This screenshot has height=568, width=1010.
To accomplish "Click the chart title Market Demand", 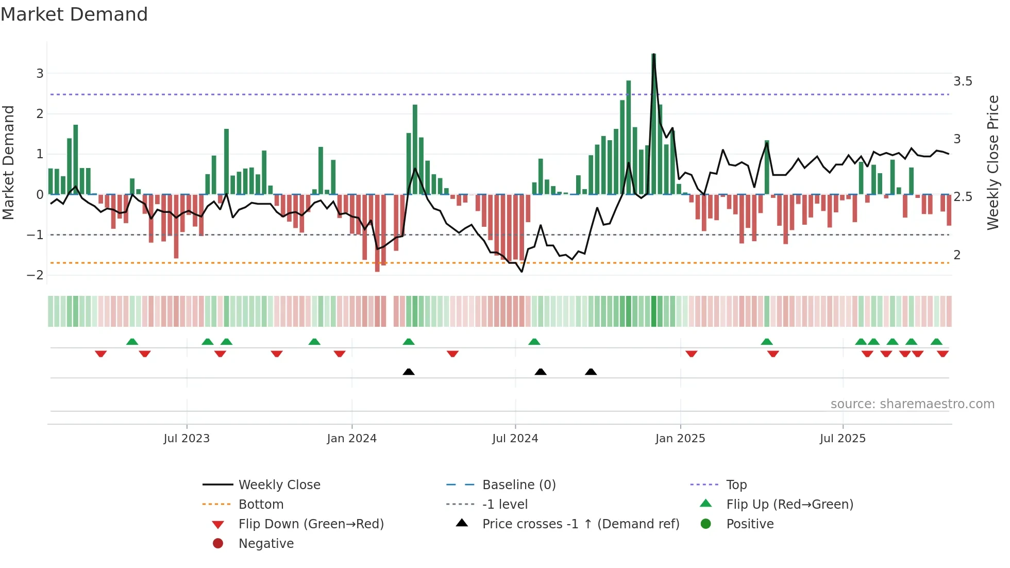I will click(x=74, y=14).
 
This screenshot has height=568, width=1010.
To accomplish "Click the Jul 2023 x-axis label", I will click(x=187, y=439).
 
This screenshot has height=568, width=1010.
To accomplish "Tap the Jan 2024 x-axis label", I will click(x=351, y=439).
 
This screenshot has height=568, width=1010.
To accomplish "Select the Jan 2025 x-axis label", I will click(x=680, y=439).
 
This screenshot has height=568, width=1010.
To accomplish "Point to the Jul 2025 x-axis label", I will click(x=843, y=439).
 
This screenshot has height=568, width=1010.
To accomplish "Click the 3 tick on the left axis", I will click(x=40, y=74).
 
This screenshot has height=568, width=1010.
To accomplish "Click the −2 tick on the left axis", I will click(x=35, y=275).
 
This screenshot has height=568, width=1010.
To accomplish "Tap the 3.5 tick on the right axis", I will click(x=962, y=81).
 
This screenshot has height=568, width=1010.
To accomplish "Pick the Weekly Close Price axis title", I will click(x=992, y=162).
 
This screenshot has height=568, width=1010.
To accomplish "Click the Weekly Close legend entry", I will click(x=279, y=485).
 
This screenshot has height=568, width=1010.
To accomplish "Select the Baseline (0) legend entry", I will click(x=518, y=485).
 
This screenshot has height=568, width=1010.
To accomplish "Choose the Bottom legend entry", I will click(x=261, y=505).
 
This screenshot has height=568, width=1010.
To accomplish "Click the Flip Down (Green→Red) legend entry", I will click(x=311, y=524).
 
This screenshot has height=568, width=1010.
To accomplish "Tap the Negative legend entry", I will click(x=266, y=544).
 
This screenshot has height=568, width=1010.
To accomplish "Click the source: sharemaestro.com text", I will click(x=912, y=404).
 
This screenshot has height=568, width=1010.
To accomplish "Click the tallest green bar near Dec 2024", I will click(x=653, y=124).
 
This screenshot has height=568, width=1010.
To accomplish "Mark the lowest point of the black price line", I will click(x=522, y=272).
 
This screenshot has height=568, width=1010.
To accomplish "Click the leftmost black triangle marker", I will click(x=408, y=372).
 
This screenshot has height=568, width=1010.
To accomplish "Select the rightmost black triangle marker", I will click(x=591, y=372).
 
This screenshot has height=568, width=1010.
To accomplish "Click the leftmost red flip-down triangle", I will click(x=100, y=354).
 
